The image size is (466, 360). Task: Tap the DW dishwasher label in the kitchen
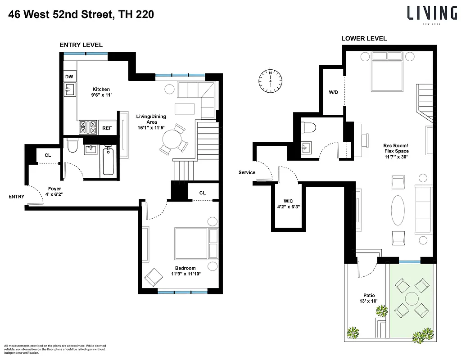point(69,77)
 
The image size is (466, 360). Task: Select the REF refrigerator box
point(107,128)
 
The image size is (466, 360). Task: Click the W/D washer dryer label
point(333,92)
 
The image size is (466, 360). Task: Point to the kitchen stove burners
point(88,128)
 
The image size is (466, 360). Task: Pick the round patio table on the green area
point(412,298)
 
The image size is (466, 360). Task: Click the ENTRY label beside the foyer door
point(17,197)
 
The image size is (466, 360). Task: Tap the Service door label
point(247,172)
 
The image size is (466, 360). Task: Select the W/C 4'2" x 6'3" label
point(289,204)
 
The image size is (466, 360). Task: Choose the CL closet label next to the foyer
point(48,155)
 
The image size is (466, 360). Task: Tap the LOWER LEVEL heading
point(364,38)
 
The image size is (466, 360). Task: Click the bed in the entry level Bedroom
point(191,243)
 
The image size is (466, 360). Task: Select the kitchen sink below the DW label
point(69,91)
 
